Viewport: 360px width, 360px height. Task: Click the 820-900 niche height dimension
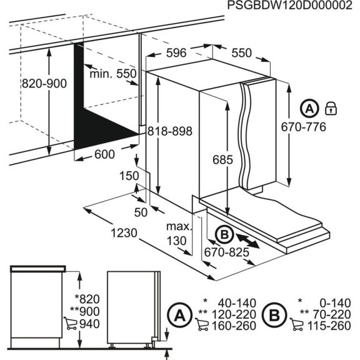[x=44, y=84]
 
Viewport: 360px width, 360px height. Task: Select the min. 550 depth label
[x=112, y=73]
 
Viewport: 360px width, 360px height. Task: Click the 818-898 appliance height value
[x=169, y=131]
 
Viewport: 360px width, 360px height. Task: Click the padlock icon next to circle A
[x=331, y=109]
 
